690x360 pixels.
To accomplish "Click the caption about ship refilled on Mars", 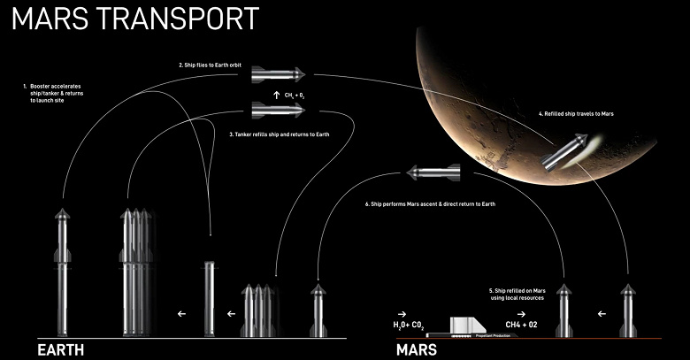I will [517, 294].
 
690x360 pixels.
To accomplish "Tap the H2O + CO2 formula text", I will [410, 326].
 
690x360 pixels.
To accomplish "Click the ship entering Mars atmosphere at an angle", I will [563, 155].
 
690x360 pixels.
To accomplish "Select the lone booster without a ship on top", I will [210, 298].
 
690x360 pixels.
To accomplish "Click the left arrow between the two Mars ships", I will [602, 312].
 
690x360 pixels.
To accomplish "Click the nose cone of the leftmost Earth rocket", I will [61, 215].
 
